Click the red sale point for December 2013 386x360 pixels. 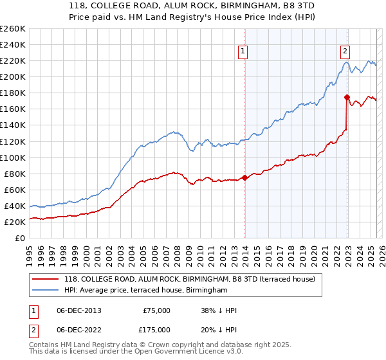244,177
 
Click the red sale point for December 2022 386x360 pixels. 347,97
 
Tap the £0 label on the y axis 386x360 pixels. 19,238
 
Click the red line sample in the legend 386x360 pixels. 46,279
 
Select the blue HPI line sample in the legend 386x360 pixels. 46,291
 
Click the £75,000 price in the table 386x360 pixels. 156,310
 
